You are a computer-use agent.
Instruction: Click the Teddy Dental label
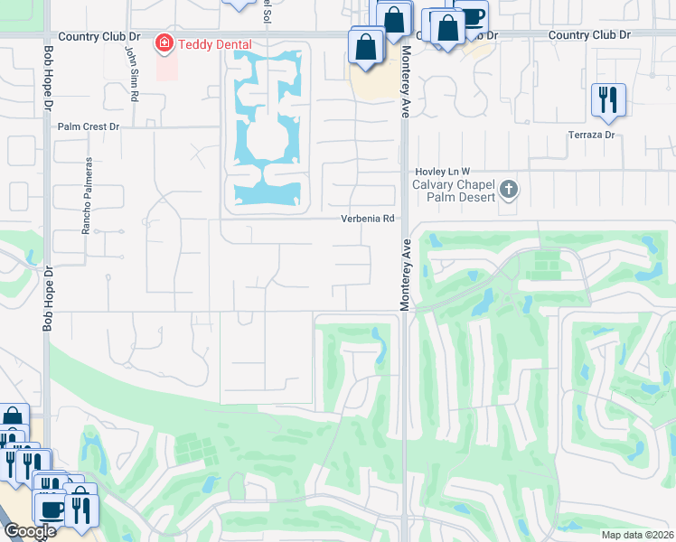pyautogui.click(x=215, y=43)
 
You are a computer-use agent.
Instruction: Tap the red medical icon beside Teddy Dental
pyautogui.click(x=164, y=42)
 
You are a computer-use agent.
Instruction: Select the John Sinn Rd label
pyautogui.click(x=131, y=64)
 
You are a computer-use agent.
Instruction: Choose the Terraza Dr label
pyautogui.click(x=591, y=135)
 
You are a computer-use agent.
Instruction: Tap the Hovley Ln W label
pyautogui.click(x=443, y=172)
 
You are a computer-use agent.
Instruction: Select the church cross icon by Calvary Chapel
pyautogui.click(x=509, y=190)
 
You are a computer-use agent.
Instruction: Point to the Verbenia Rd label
pyautogui.click(x=368, y=219)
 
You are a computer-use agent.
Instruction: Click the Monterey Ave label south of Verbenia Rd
pyautogui.click(x=406, y=275)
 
